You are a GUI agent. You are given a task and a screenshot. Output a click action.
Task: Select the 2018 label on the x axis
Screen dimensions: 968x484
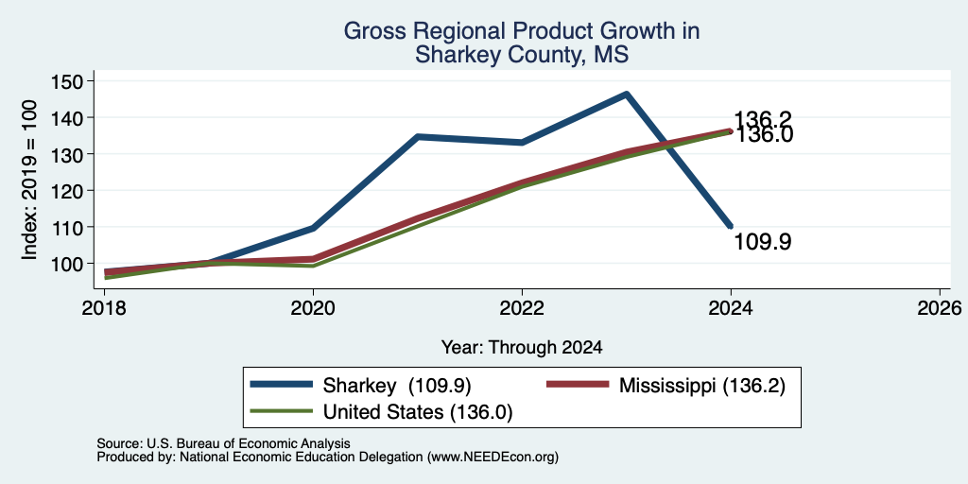pos(104,307)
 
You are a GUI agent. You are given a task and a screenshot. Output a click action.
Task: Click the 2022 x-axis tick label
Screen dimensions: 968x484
pos(522,307)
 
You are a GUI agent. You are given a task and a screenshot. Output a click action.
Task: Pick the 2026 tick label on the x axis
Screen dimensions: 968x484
pos(940,307)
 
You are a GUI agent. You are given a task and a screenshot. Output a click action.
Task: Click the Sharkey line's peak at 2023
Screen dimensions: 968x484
pos(626,94)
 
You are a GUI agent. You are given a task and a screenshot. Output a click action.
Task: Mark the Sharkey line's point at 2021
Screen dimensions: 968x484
pos(417,136)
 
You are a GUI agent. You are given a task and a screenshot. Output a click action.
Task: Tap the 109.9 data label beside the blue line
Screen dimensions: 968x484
pos(763,242)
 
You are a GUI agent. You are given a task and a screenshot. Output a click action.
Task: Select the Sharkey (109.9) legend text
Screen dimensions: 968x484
pos(397,386)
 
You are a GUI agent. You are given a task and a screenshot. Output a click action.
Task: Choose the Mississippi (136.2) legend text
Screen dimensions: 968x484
pos(702,386)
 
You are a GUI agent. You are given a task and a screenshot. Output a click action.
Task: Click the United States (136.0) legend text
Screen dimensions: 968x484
pos(418,412)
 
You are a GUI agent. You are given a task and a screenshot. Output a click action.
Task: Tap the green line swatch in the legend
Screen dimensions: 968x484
pos(282,411)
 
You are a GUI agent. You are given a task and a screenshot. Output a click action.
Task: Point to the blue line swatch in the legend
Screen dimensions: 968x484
pos(282,385)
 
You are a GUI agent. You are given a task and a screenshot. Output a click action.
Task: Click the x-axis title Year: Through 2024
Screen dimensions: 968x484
pos(522,348)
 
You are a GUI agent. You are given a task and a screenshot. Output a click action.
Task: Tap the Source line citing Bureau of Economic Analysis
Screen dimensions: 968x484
pos(223,443)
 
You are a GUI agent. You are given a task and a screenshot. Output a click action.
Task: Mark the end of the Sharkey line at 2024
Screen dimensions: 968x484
pos(731,227)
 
